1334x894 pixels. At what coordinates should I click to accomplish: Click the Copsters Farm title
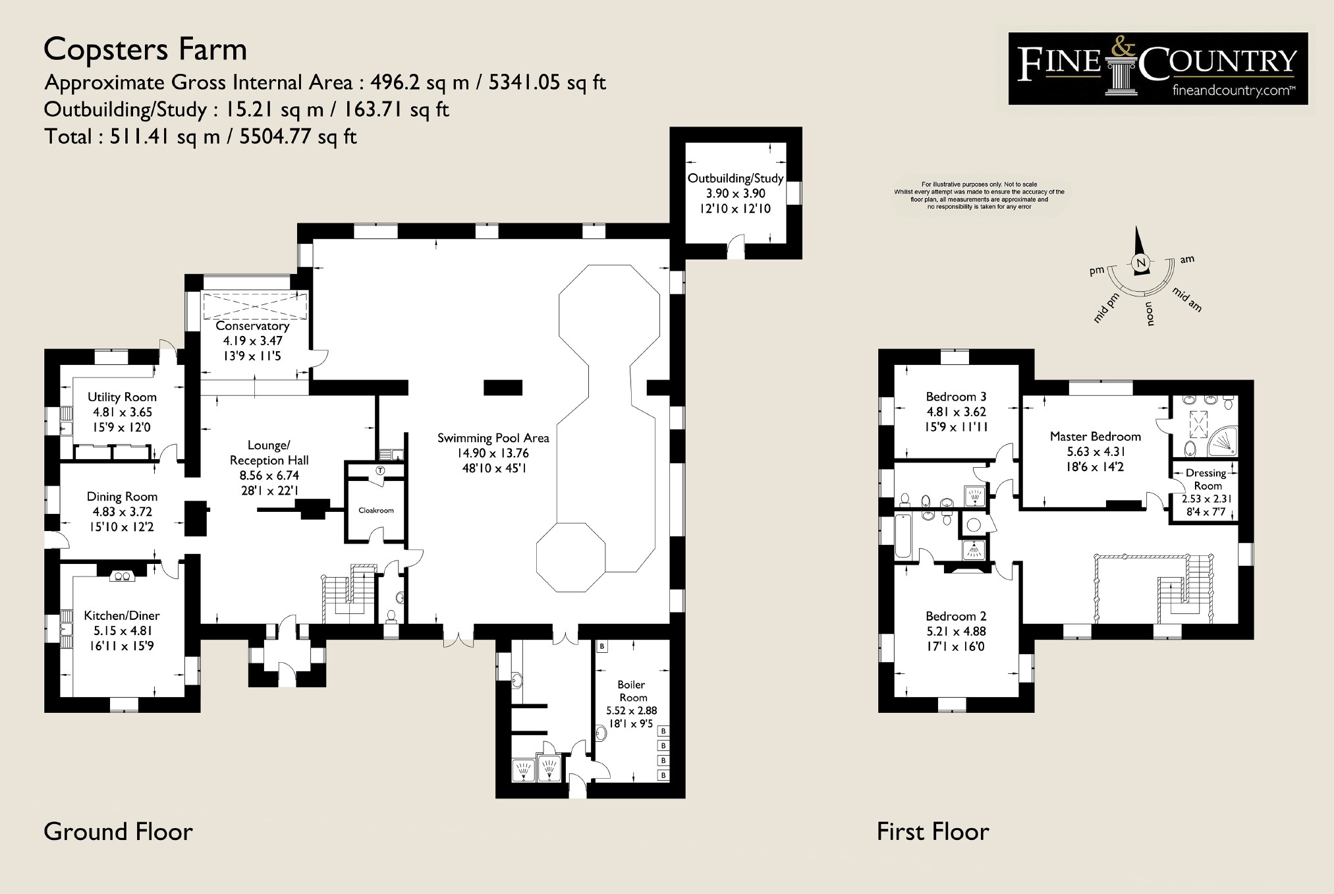coord(145,50)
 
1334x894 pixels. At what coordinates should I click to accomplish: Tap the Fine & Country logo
coord(1157,68)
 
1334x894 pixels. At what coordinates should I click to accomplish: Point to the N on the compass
coord(1142,262)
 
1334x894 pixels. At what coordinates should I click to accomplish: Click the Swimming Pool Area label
coord(493,438)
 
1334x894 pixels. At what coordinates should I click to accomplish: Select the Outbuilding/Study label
coord(735,179)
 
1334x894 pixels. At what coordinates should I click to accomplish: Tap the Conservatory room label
coord(252,326)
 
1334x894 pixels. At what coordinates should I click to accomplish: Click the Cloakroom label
coord(376,511)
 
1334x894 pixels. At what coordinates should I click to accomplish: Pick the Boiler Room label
coord(632,691)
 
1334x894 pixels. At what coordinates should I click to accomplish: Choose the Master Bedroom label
coord(1096,436)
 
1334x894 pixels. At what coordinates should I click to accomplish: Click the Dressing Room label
coord(1206,479)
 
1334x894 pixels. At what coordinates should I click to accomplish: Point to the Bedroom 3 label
coord(956,397)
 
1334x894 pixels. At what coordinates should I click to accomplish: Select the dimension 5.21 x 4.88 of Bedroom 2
coord(956,631)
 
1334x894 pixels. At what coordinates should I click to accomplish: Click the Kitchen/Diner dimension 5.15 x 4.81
coord(122,630)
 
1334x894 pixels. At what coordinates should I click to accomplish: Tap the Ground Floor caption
coord(118,831)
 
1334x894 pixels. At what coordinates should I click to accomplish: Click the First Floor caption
coord(933,831)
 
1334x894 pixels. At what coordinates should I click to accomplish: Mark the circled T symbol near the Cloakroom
coord(380,470)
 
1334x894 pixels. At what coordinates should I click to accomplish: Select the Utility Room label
coord(122,397)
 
